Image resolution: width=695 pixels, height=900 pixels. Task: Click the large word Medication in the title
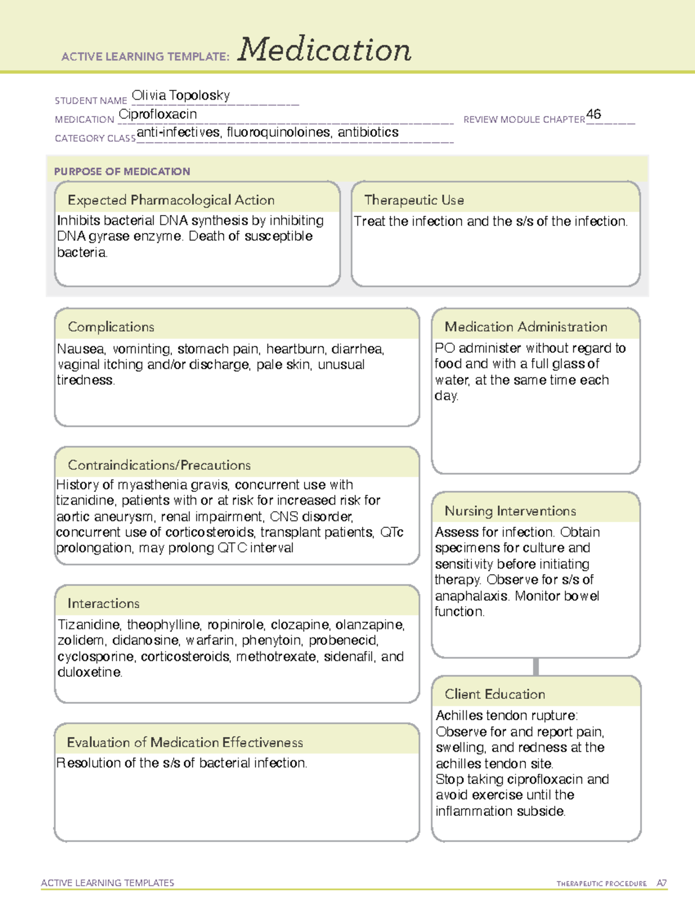tap(324, 50)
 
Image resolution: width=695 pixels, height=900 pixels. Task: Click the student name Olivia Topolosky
tap(181, 95)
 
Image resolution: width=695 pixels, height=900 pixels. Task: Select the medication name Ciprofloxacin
tap(158, 114)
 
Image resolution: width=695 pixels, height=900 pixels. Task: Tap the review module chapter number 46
tap(594, 114)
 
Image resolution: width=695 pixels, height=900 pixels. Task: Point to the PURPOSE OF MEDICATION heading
tap(122, 172)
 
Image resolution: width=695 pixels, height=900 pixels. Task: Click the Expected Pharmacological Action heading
tap(171, 200)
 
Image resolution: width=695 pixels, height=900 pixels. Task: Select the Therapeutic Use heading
tap(414, 200)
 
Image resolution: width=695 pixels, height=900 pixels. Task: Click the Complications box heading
tap(111, 327)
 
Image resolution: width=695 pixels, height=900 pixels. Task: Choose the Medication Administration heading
tap(526, 327)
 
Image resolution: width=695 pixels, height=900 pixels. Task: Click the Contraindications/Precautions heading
tap(159, 465)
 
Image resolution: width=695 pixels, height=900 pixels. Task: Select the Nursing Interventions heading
tap(510, 511)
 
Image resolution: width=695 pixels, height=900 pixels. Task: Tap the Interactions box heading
tap(104, 603)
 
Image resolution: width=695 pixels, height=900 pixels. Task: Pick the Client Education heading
tap(495, 694)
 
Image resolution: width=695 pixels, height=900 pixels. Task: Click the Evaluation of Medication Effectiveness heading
tap(185, 742)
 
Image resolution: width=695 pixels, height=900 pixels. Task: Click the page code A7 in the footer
tap(661, 883)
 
